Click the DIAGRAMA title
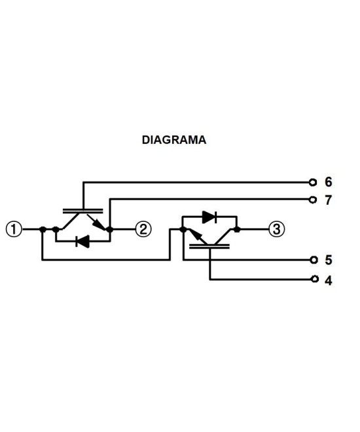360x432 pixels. [174, 140]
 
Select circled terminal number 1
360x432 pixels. [14, 229]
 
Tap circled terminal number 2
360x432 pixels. [143, 229]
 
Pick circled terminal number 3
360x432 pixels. [276, 229]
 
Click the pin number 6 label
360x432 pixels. [328, 182]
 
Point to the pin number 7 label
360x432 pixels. [328, 200]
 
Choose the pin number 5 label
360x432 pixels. [328, 260]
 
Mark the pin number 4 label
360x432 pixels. [328, 280]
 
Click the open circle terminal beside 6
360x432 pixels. [314, 182]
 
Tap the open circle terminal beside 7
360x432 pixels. [314, 199]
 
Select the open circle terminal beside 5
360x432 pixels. [314, 259]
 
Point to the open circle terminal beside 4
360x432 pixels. [314, 279]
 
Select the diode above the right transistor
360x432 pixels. [209, 217]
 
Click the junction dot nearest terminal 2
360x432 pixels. [109, 229]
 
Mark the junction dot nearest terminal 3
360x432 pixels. [237, 229]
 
